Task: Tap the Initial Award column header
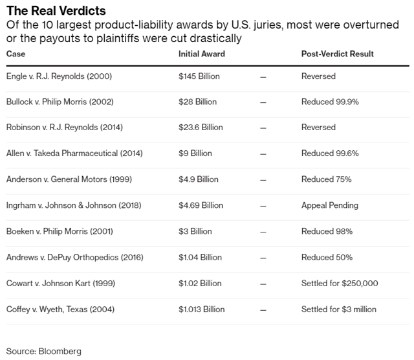click(202, 54)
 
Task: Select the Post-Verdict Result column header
click(338, 54)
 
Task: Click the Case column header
click(16, 54)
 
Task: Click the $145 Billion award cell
click(199, 76)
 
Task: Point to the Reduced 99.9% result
click(330, 102)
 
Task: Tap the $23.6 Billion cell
click(201, 128)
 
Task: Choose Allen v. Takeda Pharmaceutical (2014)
click(74, 153)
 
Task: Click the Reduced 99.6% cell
click(330, 153)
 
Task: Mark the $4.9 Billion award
click(199, 179)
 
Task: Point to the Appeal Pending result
click(330, 205)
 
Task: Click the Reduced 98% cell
click(327, 231)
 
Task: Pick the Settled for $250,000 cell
click(340, 283)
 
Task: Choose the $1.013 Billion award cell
click(202, 309)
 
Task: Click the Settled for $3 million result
click(339, 309)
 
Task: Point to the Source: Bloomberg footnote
click(44, 351)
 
